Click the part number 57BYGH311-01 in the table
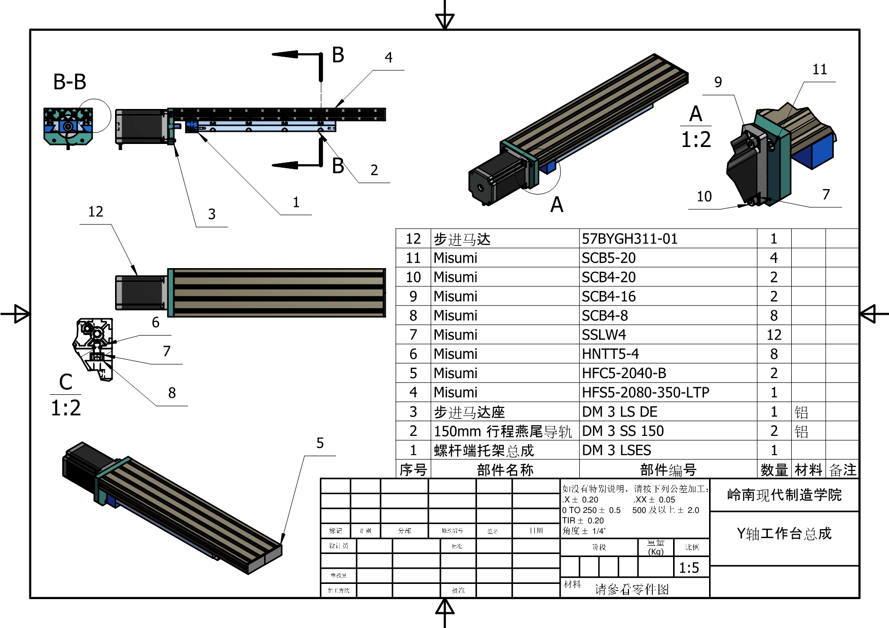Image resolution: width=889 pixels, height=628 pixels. [x=629, y=239]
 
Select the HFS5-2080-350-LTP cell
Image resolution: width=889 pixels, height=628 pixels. [x=645, y=392]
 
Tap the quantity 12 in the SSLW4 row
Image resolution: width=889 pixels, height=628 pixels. [x=774, y=335]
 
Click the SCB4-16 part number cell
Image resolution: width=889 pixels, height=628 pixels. [x=608, y=297]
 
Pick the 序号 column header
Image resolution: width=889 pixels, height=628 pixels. [x=413, y=470]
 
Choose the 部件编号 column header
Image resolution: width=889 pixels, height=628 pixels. [x=668, y=470]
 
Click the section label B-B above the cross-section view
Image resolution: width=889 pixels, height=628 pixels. [x=70, y=82]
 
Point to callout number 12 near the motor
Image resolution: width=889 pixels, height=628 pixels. [x=96, y=212]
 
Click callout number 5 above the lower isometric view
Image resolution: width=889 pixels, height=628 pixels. [x=320, y=444]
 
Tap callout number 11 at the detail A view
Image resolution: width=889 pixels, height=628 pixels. [x=820, y=69]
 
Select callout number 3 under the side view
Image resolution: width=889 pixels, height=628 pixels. [x=212, y=214]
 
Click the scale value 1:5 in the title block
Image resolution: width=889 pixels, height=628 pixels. [x=689, y=568]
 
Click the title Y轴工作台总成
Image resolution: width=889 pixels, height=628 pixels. [x=784, y=533]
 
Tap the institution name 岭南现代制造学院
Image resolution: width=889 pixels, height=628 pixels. [x=784, y=495]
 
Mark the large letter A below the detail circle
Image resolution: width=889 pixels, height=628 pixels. [x=557, y=205]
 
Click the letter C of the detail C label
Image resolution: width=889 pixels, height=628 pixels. [x=66, y=382]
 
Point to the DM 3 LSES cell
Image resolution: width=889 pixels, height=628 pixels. [x=616, y=450]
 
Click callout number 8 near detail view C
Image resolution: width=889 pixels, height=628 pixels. [x=172, y=393]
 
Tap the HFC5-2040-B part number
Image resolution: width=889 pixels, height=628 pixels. [x=624, y=373]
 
